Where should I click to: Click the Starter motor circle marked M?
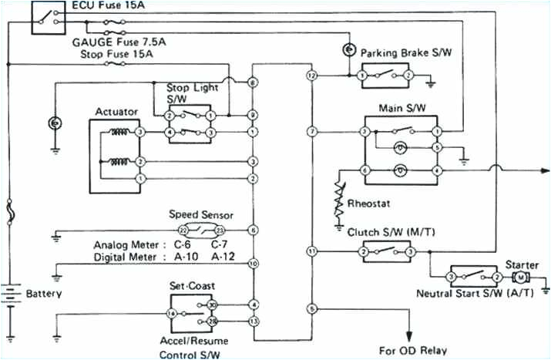[x=520, y=277]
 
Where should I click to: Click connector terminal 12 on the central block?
[x=311, y=76]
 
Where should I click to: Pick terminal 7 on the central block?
[x=311, y=133]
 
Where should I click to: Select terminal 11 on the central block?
[x=311, y=251]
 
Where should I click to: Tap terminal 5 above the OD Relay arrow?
[x=311, y=308]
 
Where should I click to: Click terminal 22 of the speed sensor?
[x=183, y=230]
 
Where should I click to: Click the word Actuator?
[x=116, y=112]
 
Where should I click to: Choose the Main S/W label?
[x=399, y=107]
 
